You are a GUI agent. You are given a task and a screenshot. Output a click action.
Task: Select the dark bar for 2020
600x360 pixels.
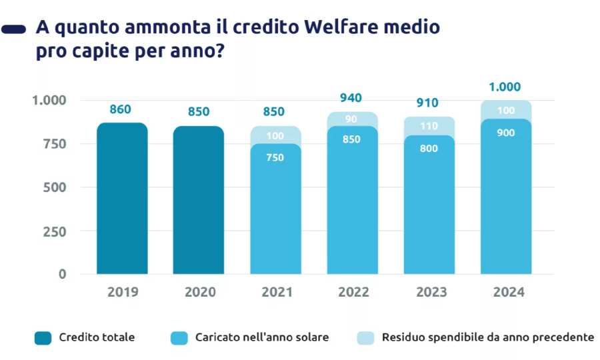199,200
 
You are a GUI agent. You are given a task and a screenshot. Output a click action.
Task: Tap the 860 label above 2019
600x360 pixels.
120,109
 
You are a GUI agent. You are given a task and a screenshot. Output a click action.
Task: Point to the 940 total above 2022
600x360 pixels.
351,98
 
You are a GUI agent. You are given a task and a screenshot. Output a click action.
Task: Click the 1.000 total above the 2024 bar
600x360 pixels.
505,87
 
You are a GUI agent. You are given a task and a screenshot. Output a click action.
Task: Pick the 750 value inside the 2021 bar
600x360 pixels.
275,158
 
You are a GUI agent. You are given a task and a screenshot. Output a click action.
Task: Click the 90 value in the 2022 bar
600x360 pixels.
352,119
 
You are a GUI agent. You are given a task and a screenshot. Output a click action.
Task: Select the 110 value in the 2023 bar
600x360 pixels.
428,126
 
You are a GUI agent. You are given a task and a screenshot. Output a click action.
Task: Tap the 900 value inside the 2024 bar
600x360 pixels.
505,133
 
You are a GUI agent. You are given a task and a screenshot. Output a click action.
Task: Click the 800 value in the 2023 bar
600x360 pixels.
429,149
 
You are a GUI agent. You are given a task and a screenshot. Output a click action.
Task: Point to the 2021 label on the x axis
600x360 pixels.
275,292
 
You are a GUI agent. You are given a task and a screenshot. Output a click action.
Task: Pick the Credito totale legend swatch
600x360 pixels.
43,338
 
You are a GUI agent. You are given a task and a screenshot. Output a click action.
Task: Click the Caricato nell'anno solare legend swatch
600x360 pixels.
179,338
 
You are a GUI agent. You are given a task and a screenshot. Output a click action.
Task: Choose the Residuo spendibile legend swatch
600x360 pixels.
365,338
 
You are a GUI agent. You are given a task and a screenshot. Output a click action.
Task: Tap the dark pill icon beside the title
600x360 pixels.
14,29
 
